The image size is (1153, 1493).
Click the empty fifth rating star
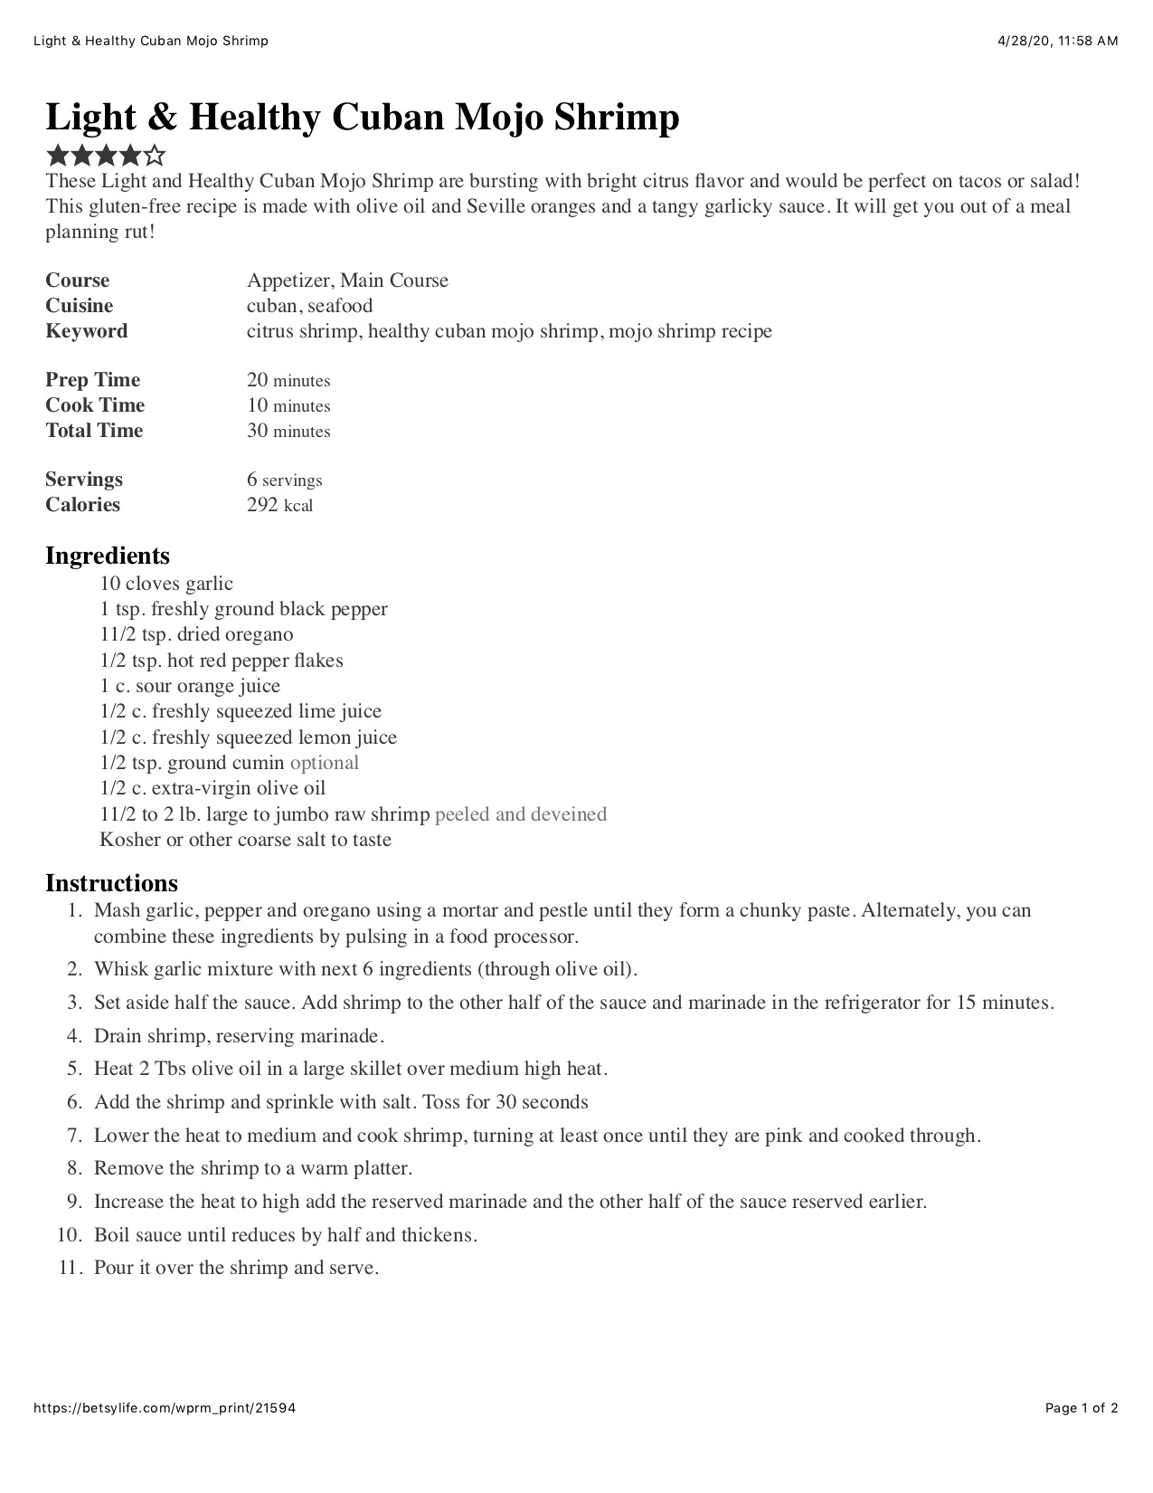(x=155, y=155)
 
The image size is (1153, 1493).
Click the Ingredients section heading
(x=108, y=555)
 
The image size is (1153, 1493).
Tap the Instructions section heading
(x=111, y=882)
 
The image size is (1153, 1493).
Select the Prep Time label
(x=92, y=380)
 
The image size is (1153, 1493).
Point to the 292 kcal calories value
(x=279, y=505)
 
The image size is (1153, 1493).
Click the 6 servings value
(x=284, y=480)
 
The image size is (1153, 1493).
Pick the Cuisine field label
(x=80, y=306)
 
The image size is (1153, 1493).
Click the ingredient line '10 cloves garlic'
(x=166, y=584)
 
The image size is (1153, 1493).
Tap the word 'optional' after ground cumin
(x=324, y=763)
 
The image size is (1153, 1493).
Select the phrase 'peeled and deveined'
(x=521, y=814)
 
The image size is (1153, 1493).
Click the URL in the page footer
(x=165, y=1408)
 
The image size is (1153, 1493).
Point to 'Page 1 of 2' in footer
(x=1082, y=1408)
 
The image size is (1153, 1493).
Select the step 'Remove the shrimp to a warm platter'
(x=253, y=1168)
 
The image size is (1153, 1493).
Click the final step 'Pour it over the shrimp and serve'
(x=236, y=1268)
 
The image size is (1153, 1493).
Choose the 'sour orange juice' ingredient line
(x=190, y=686)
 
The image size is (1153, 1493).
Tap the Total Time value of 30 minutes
(x=288, y=431)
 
